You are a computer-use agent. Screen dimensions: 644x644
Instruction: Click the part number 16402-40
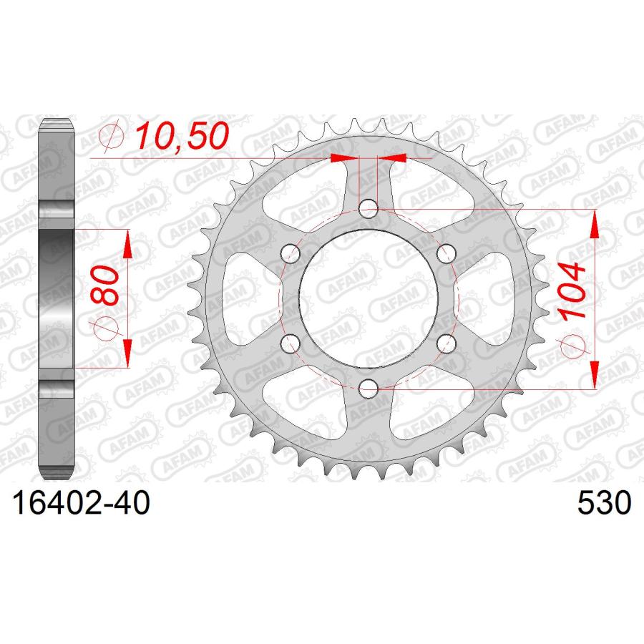[x=82, y=503]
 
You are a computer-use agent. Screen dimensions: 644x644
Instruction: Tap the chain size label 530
[x=604, y=503]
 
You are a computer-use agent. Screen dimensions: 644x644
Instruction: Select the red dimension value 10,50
[x=182, y=136]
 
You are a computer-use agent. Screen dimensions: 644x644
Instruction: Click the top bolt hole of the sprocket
[x=369, y=209]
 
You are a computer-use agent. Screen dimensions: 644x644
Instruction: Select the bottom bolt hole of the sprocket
[x=369, y=387]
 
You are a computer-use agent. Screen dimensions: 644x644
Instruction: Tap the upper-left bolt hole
[x=291, y=253]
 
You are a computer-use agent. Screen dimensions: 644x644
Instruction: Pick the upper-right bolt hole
[x=446, y=253]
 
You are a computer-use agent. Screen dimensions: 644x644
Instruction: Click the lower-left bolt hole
[x=291, y=343]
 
